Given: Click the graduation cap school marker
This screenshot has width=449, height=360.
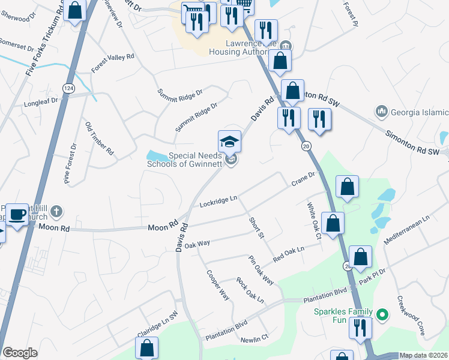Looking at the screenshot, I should click(x=229, y=142).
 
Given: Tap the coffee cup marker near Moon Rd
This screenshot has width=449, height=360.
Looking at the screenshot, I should click(x=17, y=214).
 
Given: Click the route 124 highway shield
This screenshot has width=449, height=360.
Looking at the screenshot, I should click(x=70, y=88).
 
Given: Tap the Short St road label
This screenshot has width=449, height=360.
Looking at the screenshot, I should click(x=256, y=227).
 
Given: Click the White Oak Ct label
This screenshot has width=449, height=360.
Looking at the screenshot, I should click(x=314, y=221).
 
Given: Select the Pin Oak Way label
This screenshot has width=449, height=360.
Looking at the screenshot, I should click(x=261, y=270).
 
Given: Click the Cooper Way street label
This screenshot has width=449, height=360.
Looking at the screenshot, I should click(x=218, y=285).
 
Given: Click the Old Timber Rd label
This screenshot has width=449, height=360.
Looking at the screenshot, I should click(x=99, y=139).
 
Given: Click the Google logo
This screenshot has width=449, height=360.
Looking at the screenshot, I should click(x=20, y=353).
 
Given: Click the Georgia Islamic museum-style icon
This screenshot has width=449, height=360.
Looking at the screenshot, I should click(x=381, y=112).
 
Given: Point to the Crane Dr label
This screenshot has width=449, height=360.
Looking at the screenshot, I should click(x=303, y=178).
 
